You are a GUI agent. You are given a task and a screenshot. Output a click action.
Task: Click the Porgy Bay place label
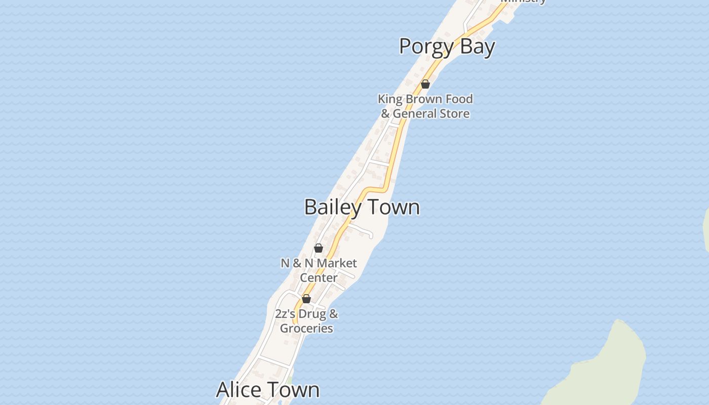[447, 47]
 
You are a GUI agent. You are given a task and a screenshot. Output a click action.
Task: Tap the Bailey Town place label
[362, 207]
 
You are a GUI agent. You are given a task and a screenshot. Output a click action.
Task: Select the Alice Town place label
[268, 390]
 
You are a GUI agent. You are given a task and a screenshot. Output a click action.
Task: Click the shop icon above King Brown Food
[425, 84]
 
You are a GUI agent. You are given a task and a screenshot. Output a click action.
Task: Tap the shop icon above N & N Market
[319, 248]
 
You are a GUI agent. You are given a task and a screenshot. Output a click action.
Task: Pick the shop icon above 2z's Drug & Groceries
[306, 299]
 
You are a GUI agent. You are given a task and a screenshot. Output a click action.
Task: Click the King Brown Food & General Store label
[425, 106]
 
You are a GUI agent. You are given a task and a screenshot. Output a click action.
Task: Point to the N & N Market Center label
[319, 270]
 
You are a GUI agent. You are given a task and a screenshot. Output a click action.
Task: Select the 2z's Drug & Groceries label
[306, 321]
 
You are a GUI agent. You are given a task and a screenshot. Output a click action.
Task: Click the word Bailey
[333, 207]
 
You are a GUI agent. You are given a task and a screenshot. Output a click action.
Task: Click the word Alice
[240, 390]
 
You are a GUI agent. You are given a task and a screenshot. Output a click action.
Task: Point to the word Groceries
[306, 328]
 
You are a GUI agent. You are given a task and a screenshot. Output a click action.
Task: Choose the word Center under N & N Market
[319, 277]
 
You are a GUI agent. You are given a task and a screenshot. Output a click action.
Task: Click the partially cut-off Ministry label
[523, 2]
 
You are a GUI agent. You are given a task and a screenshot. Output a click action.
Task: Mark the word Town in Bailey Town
[393, 207]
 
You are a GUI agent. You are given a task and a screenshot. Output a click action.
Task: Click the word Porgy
[426, 47]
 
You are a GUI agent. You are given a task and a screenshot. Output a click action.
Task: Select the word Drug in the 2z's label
[312, 314]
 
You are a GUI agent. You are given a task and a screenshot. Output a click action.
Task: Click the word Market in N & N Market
[337, 263]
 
